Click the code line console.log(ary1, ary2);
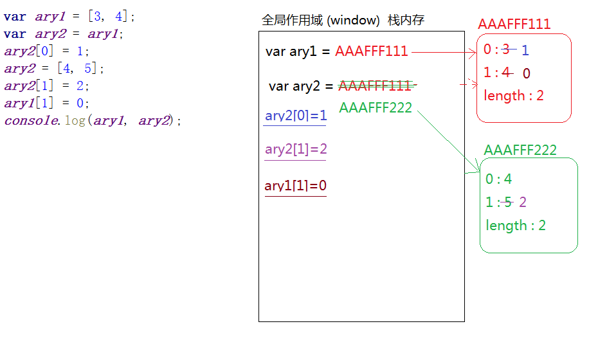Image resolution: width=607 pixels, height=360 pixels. pos(93,120)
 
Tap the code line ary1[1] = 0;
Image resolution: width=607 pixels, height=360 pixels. pos(47,103)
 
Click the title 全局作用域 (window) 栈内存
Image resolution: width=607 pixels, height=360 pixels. pos(343,21)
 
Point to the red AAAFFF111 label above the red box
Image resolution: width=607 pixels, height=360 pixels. pos(514,24)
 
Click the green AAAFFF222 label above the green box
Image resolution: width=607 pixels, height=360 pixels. pos(520,150)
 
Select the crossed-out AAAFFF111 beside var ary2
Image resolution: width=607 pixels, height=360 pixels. pos(374,86)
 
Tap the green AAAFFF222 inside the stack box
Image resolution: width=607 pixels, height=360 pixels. pos(376,107)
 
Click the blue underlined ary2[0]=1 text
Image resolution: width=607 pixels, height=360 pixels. pos(296,116)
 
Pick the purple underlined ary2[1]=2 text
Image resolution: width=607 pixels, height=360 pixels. pos(296,150)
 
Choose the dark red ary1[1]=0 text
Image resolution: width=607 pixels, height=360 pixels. pos(296,186)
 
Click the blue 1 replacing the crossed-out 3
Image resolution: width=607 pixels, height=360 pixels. pos(525,50)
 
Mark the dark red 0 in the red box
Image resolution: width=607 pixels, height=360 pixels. pos(526,73)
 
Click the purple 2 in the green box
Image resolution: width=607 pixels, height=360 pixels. pos(523,203)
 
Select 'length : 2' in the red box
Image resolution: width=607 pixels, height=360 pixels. pos(514,96)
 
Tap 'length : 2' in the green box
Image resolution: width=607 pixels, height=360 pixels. pos(516,225)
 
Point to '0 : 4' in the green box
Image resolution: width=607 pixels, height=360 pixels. pos(499,179)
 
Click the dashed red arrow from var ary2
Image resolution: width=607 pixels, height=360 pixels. pos(469,84)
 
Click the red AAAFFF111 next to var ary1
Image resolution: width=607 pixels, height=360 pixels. pos(371,51)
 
